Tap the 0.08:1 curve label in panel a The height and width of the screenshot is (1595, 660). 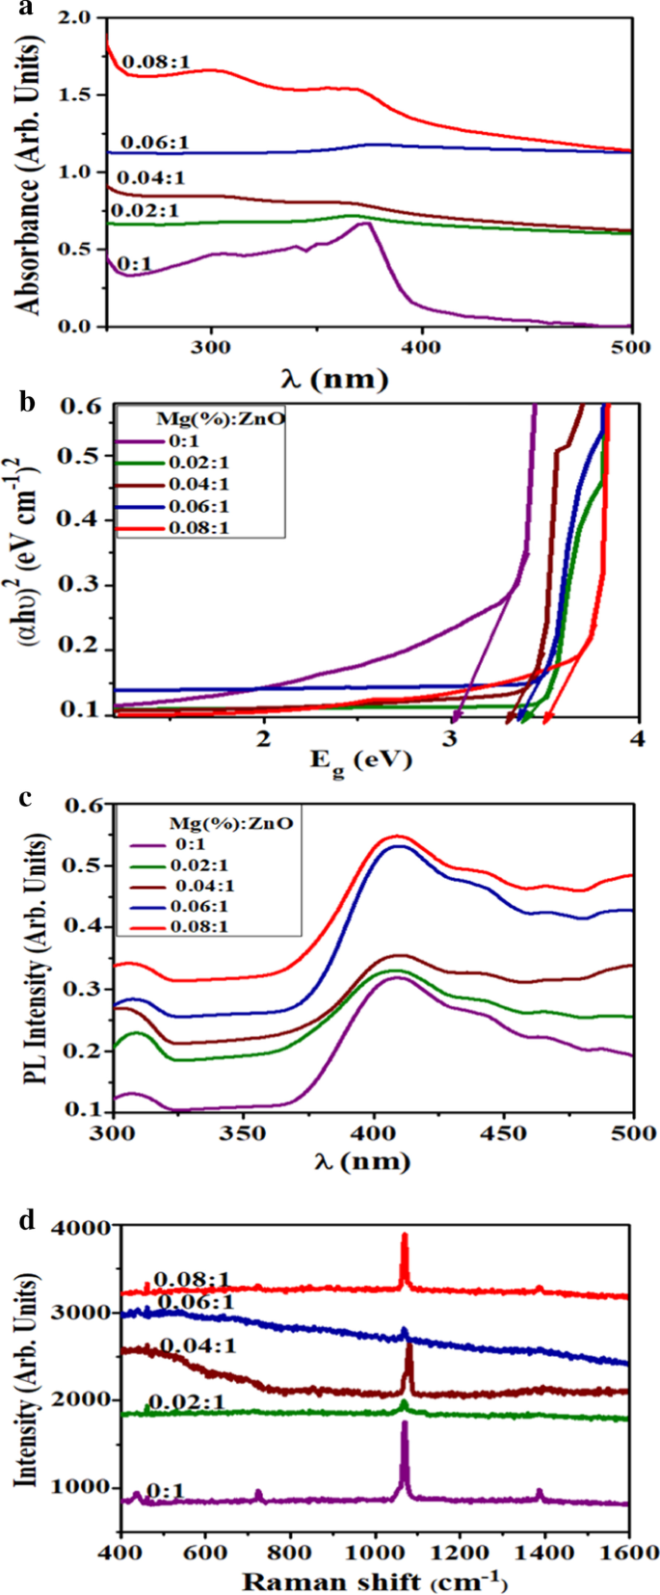click(155, 63)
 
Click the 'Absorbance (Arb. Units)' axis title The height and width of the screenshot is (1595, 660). click(29, 173)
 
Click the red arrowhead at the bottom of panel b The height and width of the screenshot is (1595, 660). click(546, 718)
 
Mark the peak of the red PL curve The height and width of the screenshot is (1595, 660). click(396, 836)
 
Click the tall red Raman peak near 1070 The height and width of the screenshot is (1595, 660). click(405, 1236)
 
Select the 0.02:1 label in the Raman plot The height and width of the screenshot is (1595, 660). click(185, 1401)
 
